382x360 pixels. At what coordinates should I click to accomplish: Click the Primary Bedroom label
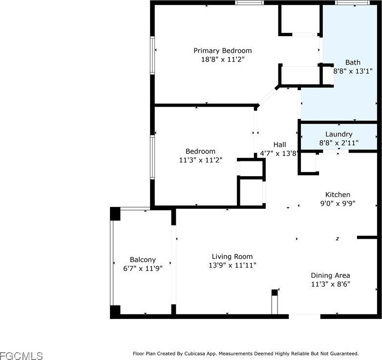tap(223, 51)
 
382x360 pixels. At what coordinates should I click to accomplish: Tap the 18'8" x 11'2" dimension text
tap(223, 59)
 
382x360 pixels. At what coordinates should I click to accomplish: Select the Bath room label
tap(353, 63)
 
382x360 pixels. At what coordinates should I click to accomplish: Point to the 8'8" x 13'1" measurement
tap(353, 71)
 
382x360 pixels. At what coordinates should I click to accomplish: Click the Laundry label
tap(339, 134)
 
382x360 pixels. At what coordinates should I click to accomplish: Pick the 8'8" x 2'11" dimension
tap(339, 143)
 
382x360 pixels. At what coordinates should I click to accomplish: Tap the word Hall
tap(280, 145)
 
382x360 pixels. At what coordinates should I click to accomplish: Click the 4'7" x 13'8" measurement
tap(279, 154)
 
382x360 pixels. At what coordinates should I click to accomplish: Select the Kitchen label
tap(338, 195)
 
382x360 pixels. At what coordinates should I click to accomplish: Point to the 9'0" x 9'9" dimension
tap(338, 203)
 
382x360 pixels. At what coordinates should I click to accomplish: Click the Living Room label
tap(232, 257)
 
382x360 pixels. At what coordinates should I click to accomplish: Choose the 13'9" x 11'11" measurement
tap(233, 265)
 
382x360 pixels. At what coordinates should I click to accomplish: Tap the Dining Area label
tap(330, 275)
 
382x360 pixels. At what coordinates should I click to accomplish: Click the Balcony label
tap(143, 260)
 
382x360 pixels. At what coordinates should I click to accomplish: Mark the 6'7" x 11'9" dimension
tap(143, 269)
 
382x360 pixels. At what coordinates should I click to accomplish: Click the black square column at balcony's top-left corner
tap(115, 214)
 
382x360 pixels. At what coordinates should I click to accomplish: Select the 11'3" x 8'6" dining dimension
tap(331, 284)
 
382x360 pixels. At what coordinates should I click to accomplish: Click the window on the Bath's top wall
tap(352, 2)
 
